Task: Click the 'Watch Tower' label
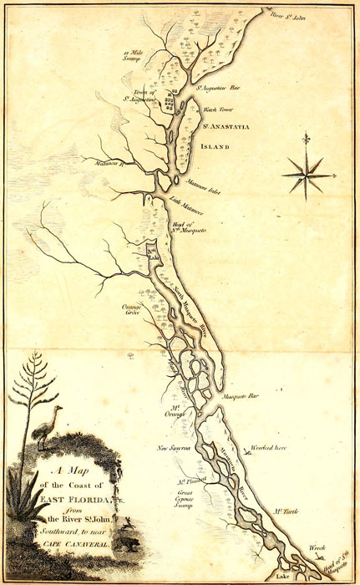216,109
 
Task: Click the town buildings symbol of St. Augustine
170,105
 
